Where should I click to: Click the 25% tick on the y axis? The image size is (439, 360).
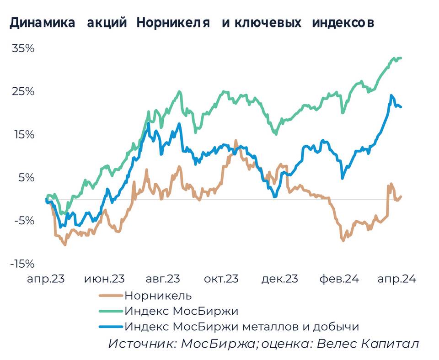pyautogui.click(x=23, y=91)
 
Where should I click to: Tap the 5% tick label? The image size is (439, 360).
pyautogui.click(x=26, y=178)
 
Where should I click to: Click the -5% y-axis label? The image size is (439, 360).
pyautogui.click(x=24, y=221)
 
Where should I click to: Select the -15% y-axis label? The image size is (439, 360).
pyautogui.click(x=21, y=264)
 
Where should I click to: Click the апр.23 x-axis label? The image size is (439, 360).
pyautogui.click(x=46, y=279)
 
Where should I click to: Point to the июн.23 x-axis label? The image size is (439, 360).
pyautogui.click(x=105, y=279)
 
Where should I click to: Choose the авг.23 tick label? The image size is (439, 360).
pyautogui.click(x=164, y=279)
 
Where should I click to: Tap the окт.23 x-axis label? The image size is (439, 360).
pyautogui.click(x=222, y=279)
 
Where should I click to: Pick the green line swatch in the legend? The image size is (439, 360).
pyautogui.click(x=111, y=312)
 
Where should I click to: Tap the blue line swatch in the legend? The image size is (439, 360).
pyautogui.click(x=111, y=327)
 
